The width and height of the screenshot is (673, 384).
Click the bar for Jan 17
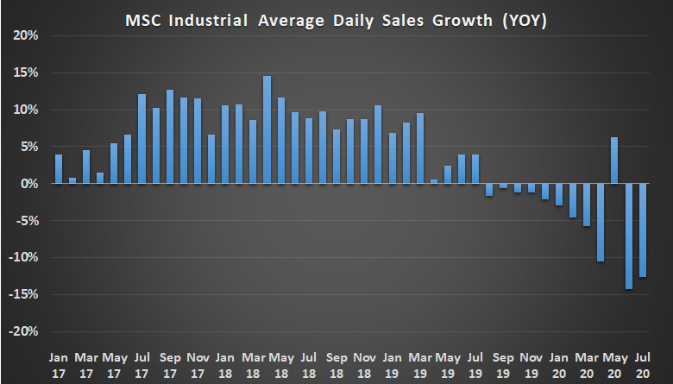(x=59, y=169)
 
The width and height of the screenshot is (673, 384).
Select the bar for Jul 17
(x=142, y=139)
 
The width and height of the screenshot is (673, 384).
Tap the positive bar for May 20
(x=615, y=161)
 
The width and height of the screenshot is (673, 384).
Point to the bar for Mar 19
(x=420, y=148)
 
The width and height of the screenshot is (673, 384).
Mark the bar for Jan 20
(x=559, y=195)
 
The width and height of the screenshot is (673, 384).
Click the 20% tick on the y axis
(x=27, y=36)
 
